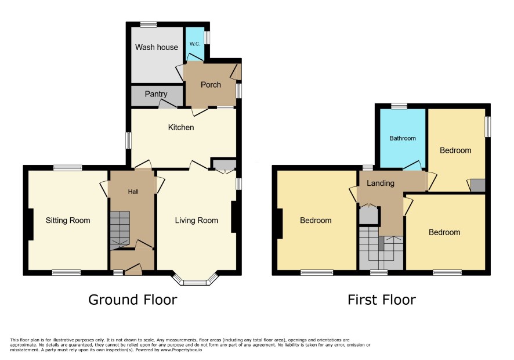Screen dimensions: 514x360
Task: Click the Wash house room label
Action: coord(157,47)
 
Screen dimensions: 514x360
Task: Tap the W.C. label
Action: coord(195,44)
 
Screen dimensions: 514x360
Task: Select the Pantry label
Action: coord(156,94)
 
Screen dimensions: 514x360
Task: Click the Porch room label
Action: coord(211,85)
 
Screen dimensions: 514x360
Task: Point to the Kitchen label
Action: coord(181,127)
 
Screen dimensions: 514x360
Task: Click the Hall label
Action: coord(133,192)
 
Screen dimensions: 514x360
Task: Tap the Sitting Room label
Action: coord(68,221)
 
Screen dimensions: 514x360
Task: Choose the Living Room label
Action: coord(196,221)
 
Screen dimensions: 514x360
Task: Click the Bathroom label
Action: coord(403,138)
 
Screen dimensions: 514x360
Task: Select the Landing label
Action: coord(380,183)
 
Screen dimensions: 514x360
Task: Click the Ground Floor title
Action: coord(133,300)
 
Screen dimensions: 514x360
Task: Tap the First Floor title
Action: coord(382,300)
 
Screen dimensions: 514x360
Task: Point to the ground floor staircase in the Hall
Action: coord(120,231)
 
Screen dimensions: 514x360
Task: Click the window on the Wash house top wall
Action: coord(149,24)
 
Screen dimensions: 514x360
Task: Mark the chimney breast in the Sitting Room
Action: coord(31,225)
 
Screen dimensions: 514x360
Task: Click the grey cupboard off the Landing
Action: coord(369,215)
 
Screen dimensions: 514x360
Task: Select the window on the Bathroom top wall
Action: coord(399,106)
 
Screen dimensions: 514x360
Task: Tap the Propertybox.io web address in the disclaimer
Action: coord(180,350)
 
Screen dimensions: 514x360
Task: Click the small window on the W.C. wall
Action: coord(207,37)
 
